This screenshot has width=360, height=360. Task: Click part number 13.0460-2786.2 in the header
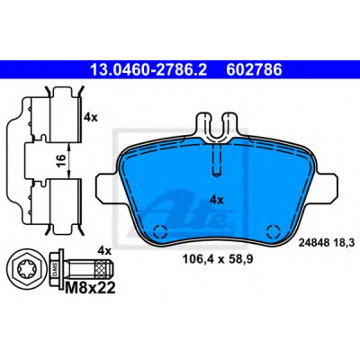pyautogui.click(x=148, y=70)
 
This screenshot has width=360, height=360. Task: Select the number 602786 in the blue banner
pyautogui.click(x=254, y=70)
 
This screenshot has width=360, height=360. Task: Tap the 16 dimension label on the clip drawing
pyautogui.click(x=61, y=160)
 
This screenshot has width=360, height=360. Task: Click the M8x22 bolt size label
pyautogui.click(x=90, y=288)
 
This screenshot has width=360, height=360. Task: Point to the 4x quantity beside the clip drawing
pyautogui.click(x=91, y=117)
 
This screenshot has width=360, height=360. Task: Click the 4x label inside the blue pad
pyautogui.click(x=217, y=200)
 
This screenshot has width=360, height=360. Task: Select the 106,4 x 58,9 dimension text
pyautogui.click(x=218, y=259)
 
